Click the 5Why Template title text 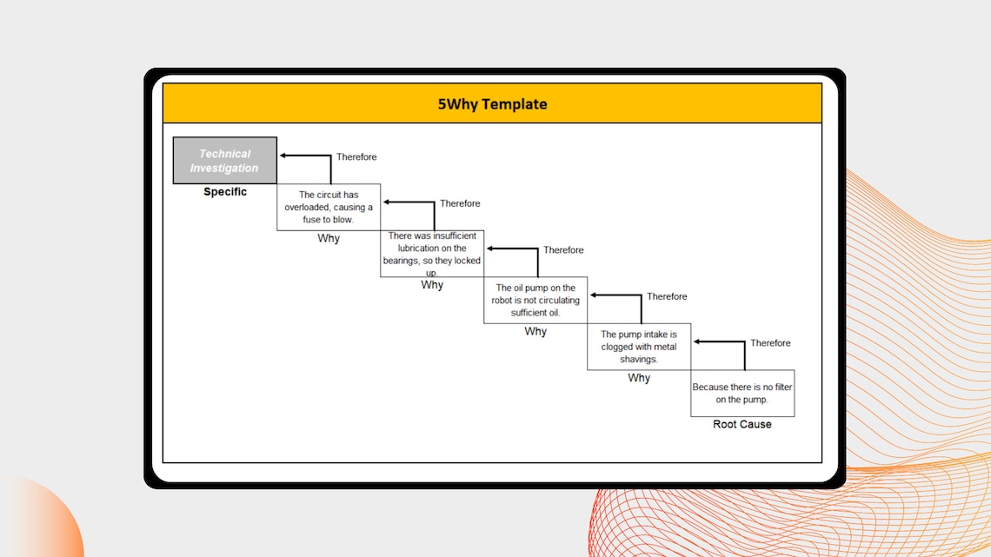[x=492, y=104]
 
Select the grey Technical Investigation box [x=225, y=161]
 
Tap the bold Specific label [x=225, y=192]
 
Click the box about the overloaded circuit [x=329, y=207]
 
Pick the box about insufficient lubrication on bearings [x=432, y=254]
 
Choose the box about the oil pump [x=535, y=300]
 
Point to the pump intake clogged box [x=639, y=347]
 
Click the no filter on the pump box [x=742, y=394]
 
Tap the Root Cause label [x=742, y=424]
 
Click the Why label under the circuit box [x=329, y=238]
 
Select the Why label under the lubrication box [x=432, y=285]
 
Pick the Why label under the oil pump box [x=535, y=332]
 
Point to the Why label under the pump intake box [x=639, y=378]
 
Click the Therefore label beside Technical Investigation [x=356, y=156]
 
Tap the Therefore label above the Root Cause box [x=770, y=343]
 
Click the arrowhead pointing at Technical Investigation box [x=283, y=156]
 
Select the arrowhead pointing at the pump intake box [x=594, y=295]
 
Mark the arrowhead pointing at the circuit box [x=387, y=202]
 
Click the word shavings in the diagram [x=638, y=360]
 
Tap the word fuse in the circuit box [x=312, y=220]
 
